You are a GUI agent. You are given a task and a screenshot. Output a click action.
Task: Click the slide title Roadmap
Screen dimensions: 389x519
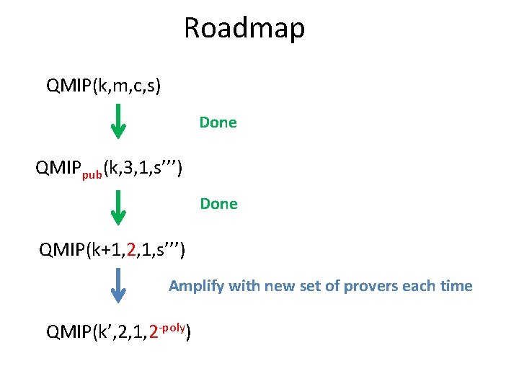click(244, 28)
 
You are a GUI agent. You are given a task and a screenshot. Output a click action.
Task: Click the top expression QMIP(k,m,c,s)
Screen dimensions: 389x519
click(104, 87)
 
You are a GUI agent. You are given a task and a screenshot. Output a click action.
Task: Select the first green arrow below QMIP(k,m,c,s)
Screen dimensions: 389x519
click(119, 121)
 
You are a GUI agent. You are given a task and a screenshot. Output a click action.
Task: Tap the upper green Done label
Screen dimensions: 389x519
click(218, 122)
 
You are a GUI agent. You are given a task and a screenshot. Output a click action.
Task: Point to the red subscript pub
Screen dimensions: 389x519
click(92, 174)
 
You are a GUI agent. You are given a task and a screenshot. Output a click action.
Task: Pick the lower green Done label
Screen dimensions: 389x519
click(219, 204)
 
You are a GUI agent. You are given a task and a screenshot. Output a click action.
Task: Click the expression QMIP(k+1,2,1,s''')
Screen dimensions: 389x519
click(112, 251)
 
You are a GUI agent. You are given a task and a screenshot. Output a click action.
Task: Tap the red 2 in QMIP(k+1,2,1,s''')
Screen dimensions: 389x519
click(130, 250)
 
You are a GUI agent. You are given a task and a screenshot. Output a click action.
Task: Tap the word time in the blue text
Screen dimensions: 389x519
click(456, 286)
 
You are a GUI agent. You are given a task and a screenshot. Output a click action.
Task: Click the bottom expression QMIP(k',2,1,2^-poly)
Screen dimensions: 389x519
click(118, 331)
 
